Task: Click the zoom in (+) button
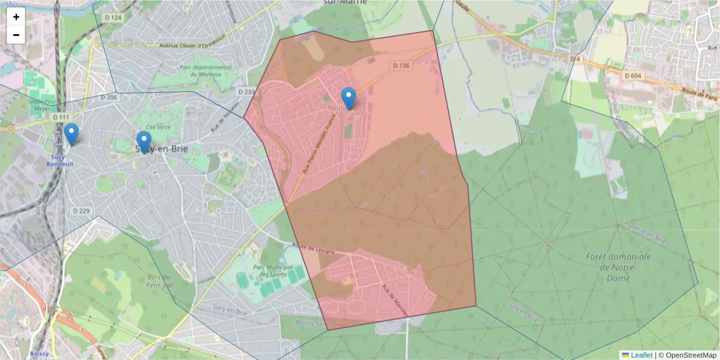16,17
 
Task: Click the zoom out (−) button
16,35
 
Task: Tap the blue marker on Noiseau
348,98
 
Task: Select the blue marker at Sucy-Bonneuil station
71,134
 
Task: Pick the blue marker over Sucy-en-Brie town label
143,142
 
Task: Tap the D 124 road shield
113,17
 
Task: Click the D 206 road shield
109,97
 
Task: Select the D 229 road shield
81,211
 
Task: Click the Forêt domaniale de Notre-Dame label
618,268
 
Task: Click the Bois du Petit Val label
159,281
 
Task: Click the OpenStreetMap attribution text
691,355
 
